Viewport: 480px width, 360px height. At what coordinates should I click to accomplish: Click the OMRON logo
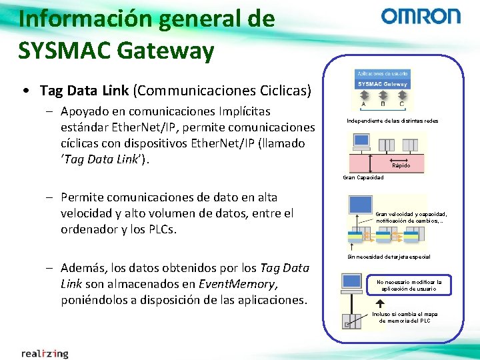point(421,17)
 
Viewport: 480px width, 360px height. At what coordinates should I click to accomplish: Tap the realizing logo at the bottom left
point(45,353)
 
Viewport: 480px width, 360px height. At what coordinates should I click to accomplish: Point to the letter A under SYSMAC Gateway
point(363,104)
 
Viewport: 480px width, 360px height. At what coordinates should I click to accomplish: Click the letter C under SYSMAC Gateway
point(401,104)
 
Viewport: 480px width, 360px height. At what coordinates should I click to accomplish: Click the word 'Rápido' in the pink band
point(401,165)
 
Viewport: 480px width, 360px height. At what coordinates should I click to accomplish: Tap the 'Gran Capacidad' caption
point(363,177)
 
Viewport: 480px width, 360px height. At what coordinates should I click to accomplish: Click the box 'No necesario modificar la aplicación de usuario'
point(409,285)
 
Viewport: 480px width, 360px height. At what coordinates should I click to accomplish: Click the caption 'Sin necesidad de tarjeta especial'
point(389,257)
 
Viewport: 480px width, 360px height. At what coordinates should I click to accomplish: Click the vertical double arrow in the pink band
point(360,162)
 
